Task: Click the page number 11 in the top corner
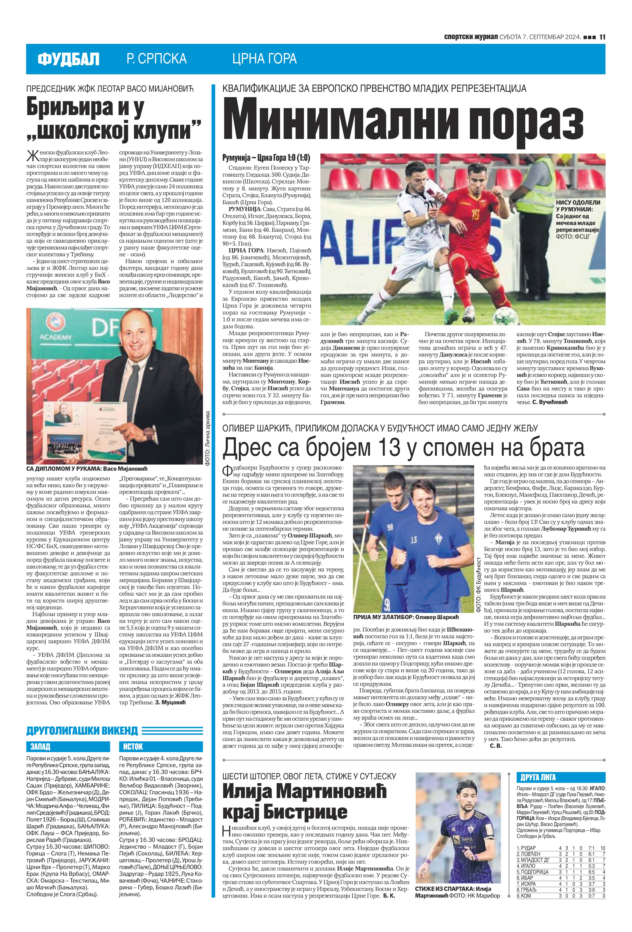602,37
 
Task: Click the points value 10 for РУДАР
602,848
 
